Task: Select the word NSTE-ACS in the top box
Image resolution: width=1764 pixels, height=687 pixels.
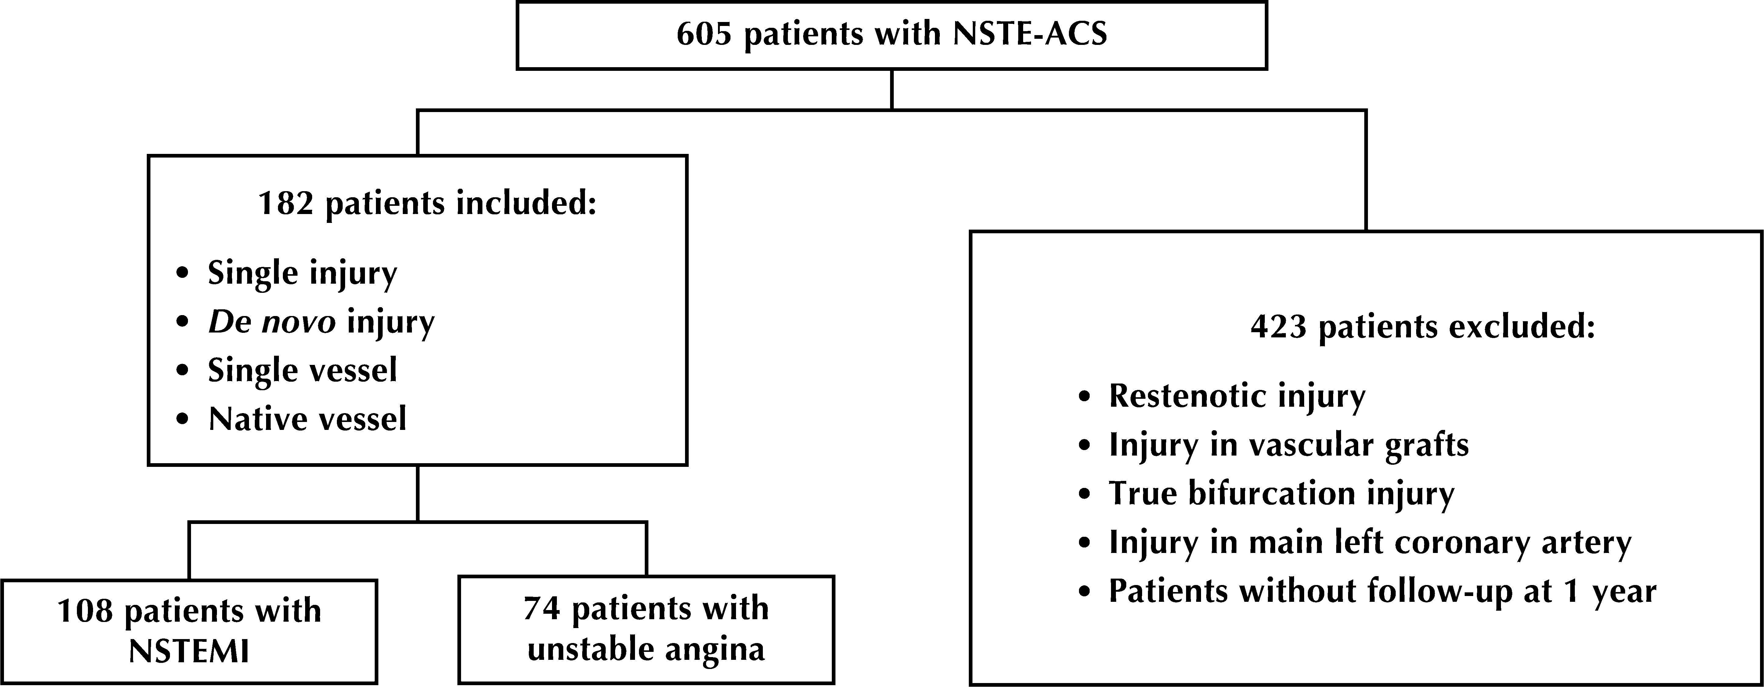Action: coord(1029,34)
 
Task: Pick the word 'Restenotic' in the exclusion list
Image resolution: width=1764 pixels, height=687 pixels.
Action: coord(1189,396)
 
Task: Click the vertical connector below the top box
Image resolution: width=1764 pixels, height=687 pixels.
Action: coord(892,89)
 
